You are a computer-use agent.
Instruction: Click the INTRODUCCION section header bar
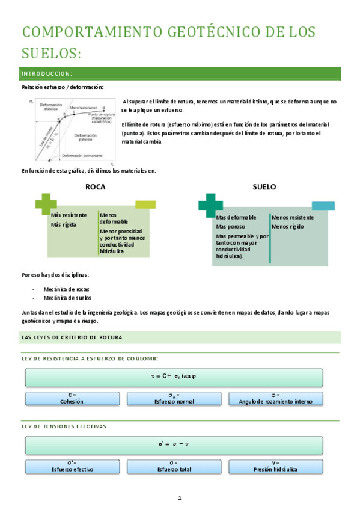(x=180, y=74)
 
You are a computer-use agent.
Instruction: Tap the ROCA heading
(x=95, y=187)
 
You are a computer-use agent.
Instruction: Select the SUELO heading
(x=264, y=187)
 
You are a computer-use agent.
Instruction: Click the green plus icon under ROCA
(x=46, y=203)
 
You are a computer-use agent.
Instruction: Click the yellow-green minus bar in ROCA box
(x=145, y=204)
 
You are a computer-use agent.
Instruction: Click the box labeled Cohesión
(x=72, y=398)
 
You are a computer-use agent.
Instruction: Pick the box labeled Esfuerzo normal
(x=174, y=398)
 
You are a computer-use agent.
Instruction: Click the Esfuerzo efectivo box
(x=72, y=465)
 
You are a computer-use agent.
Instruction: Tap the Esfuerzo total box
(x=174, y=465)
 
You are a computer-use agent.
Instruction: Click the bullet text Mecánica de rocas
(x=67, y=289)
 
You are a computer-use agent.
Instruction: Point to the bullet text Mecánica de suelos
(x=68, y=298)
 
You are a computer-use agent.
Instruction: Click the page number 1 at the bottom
(x=179, y=498)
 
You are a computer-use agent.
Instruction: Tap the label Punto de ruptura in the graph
(x=100, y=114)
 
